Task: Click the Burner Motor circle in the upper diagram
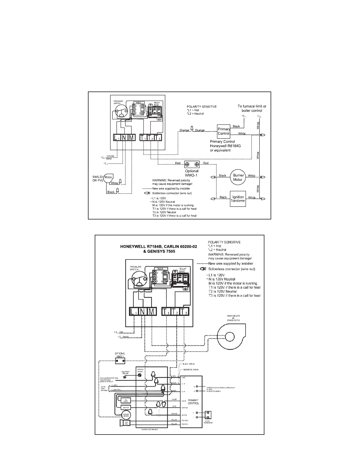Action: (x=238, y=177)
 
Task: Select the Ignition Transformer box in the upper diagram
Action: (x=238, y=199)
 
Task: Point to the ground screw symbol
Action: (x=139, y=375)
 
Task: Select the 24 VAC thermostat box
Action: (x=208, y=415)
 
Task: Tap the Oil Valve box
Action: (x=126, y=400)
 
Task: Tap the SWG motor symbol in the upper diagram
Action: (x=109, y=177)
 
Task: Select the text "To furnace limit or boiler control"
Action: (x=252, y=108)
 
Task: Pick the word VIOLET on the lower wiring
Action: (x=174, y=400)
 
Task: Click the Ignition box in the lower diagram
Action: (x=126, y=407)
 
